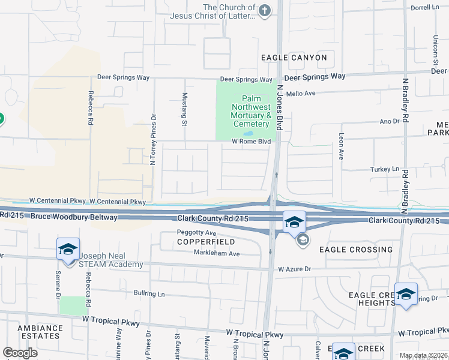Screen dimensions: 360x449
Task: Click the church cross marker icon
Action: (264, 10)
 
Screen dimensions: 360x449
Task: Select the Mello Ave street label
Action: (301, 94)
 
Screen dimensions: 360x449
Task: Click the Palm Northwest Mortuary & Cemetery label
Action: (252, 111)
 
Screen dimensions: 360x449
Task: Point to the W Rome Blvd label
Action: (252, 142)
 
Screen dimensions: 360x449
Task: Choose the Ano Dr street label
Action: (390, 121)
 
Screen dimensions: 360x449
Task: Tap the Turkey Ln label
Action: (385, 169)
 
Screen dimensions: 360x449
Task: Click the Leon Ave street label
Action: (341, 146)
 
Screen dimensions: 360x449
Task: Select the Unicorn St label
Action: (436, 49)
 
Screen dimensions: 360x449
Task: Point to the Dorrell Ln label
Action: (425, 8)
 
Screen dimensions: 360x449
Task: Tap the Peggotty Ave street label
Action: (196, 232)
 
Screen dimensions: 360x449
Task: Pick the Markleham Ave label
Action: (217, 254)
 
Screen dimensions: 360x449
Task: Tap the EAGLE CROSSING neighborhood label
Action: (356, 249)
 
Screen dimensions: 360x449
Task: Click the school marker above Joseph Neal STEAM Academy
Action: (68, 249)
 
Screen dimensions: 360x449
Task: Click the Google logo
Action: (20, 353)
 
